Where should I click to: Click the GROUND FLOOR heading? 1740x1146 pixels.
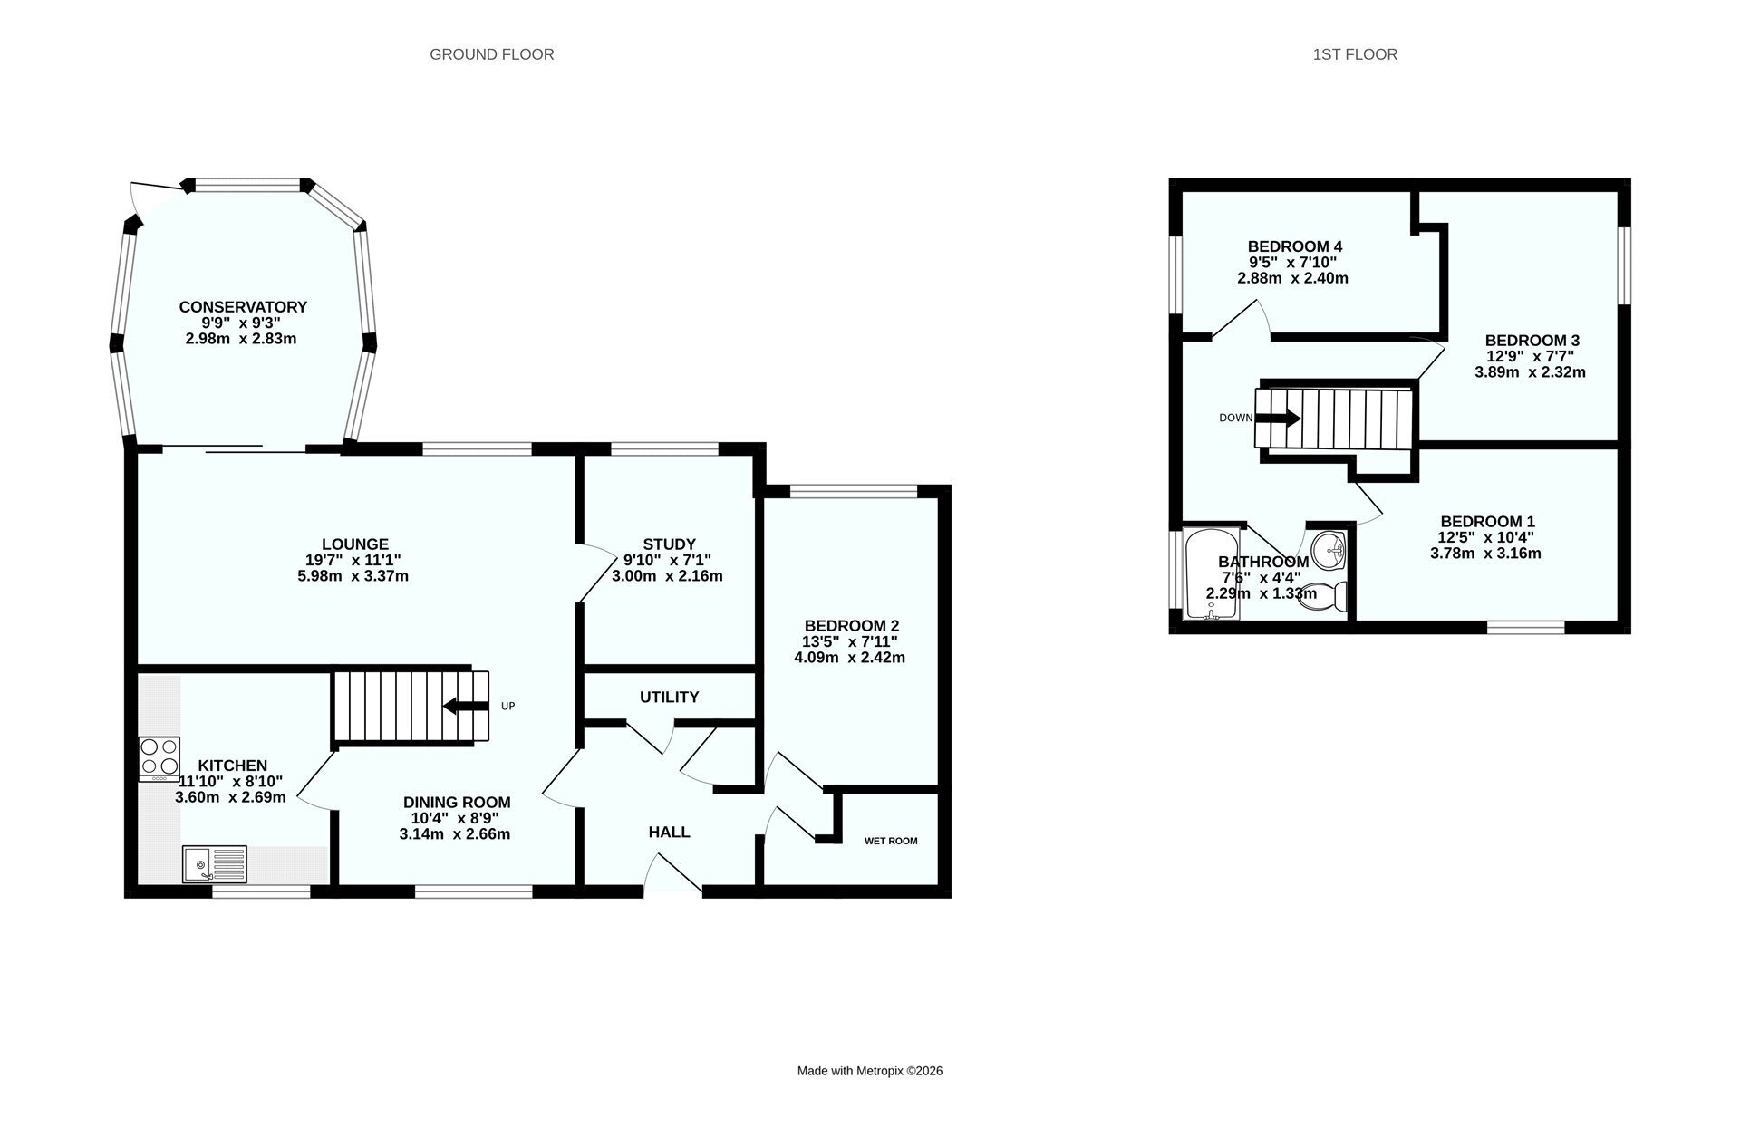click(x=491, y=54)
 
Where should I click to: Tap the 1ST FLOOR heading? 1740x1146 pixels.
click(x=1355, y=54)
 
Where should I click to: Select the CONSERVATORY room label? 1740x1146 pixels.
click(x=243, y=307)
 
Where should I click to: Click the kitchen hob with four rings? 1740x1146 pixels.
click(x=159, y=759)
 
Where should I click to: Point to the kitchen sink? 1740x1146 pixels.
click(x=215, y=863)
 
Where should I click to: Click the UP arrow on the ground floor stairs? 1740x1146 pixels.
click(x=466, y=706)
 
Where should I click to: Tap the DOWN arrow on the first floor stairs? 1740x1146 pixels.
click(x=1278, y=418)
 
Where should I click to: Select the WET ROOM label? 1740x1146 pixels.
click(x=891, y=841)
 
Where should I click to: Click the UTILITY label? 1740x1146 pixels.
click(x=669, y=697)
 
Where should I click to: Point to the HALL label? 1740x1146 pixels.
click(x=669, y=832)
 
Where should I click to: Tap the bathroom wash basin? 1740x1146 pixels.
click(x=1329, y=547)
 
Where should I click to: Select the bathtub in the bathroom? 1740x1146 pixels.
click(x=1211, y=573)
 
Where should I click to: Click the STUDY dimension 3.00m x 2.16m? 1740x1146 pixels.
click(x=667, y=575)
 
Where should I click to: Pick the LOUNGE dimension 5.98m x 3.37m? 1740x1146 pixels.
click(x=353, y=575)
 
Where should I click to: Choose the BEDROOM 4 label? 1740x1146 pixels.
click(x=1293, y=246)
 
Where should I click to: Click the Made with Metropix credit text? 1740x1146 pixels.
click(x=870, y=1071)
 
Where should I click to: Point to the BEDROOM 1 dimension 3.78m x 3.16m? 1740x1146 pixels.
click(x=1485, y=553)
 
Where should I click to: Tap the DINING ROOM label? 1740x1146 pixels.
click(x=457, y=802)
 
